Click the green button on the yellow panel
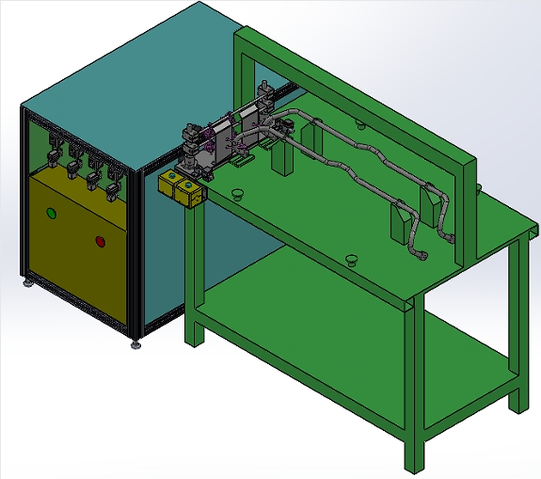tap(53, 213)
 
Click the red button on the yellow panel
tap(101, 239)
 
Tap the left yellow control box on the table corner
tap(172, 186)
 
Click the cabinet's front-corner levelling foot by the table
tap(137, 343)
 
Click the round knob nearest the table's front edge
tap(351, 259)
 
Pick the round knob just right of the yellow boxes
tap(237, 195)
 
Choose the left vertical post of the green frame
tap(245, 85)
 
